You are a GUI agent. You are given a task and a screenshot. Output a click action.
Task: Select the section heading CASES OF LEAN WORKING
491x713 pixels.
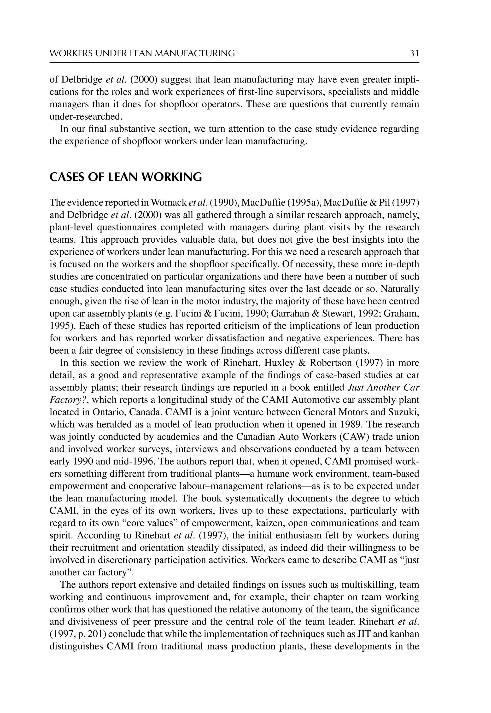[126, 177]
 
